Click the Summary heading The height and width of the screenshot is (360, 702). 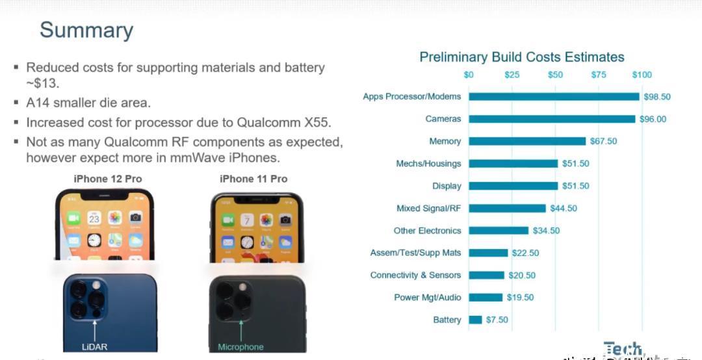coord(86,31)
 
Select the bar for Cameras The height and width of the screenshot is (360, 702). coord(552,119)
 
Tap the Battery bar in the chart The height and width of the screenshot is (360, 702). coord(476,320)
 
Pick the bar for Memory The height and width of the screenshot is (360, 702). coord(527,141)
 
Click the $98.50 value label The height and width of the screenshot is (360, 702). coord(656,97)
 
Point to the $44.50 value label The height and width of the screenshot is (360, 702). coord(563,209)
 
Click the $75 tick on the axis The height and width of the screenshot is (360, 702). coord(599,75)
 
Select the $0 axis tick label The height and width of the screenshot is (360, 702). coord(469,75)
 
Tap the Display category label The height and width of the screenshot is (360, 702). coord(447,186)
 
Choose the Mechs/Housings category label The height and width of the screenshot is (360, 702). coord(428,164)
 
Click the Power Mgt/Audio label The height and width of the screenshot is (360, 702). coord(427,298)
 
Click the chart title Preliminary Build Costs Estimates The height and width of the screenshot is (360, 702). coord(522,57)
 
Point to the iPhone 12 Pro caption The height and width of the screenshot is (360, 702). coord(108,179)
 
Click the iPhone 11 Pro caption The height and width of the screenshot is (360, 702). coord(253,179)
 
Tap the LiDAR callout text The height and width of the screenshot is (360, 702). coord(95,347)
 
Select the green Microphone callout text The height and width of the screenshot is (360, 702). coord(240,347)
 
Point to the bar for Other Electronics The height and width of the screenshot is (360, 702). coord(499,231)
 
